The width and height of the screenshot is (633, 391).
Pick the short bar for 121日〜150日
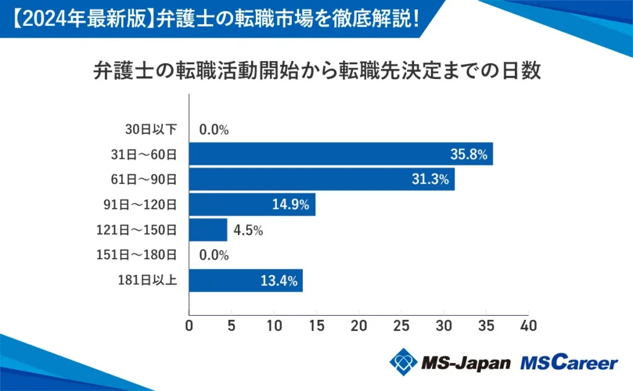click(208, 230)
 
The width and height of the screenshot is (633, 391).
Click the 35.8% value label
click(468, 154)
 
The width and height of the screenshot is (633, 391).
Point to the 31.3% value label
click(430, 180)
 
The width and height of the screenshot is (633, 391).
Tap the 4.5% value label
click(249, 230)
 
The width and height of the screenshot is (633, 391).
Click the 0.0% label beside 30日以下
click(215, 130)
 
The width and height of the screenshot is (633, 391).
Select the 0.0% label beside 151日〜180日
click(215, 255)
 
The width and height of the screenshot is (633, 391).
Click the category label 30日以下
click(151, 129)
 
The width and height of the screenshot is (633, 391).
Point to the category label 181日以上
click(147, 280)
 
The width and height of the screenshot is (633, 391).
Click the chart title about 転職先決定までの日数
click(316, 71)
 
